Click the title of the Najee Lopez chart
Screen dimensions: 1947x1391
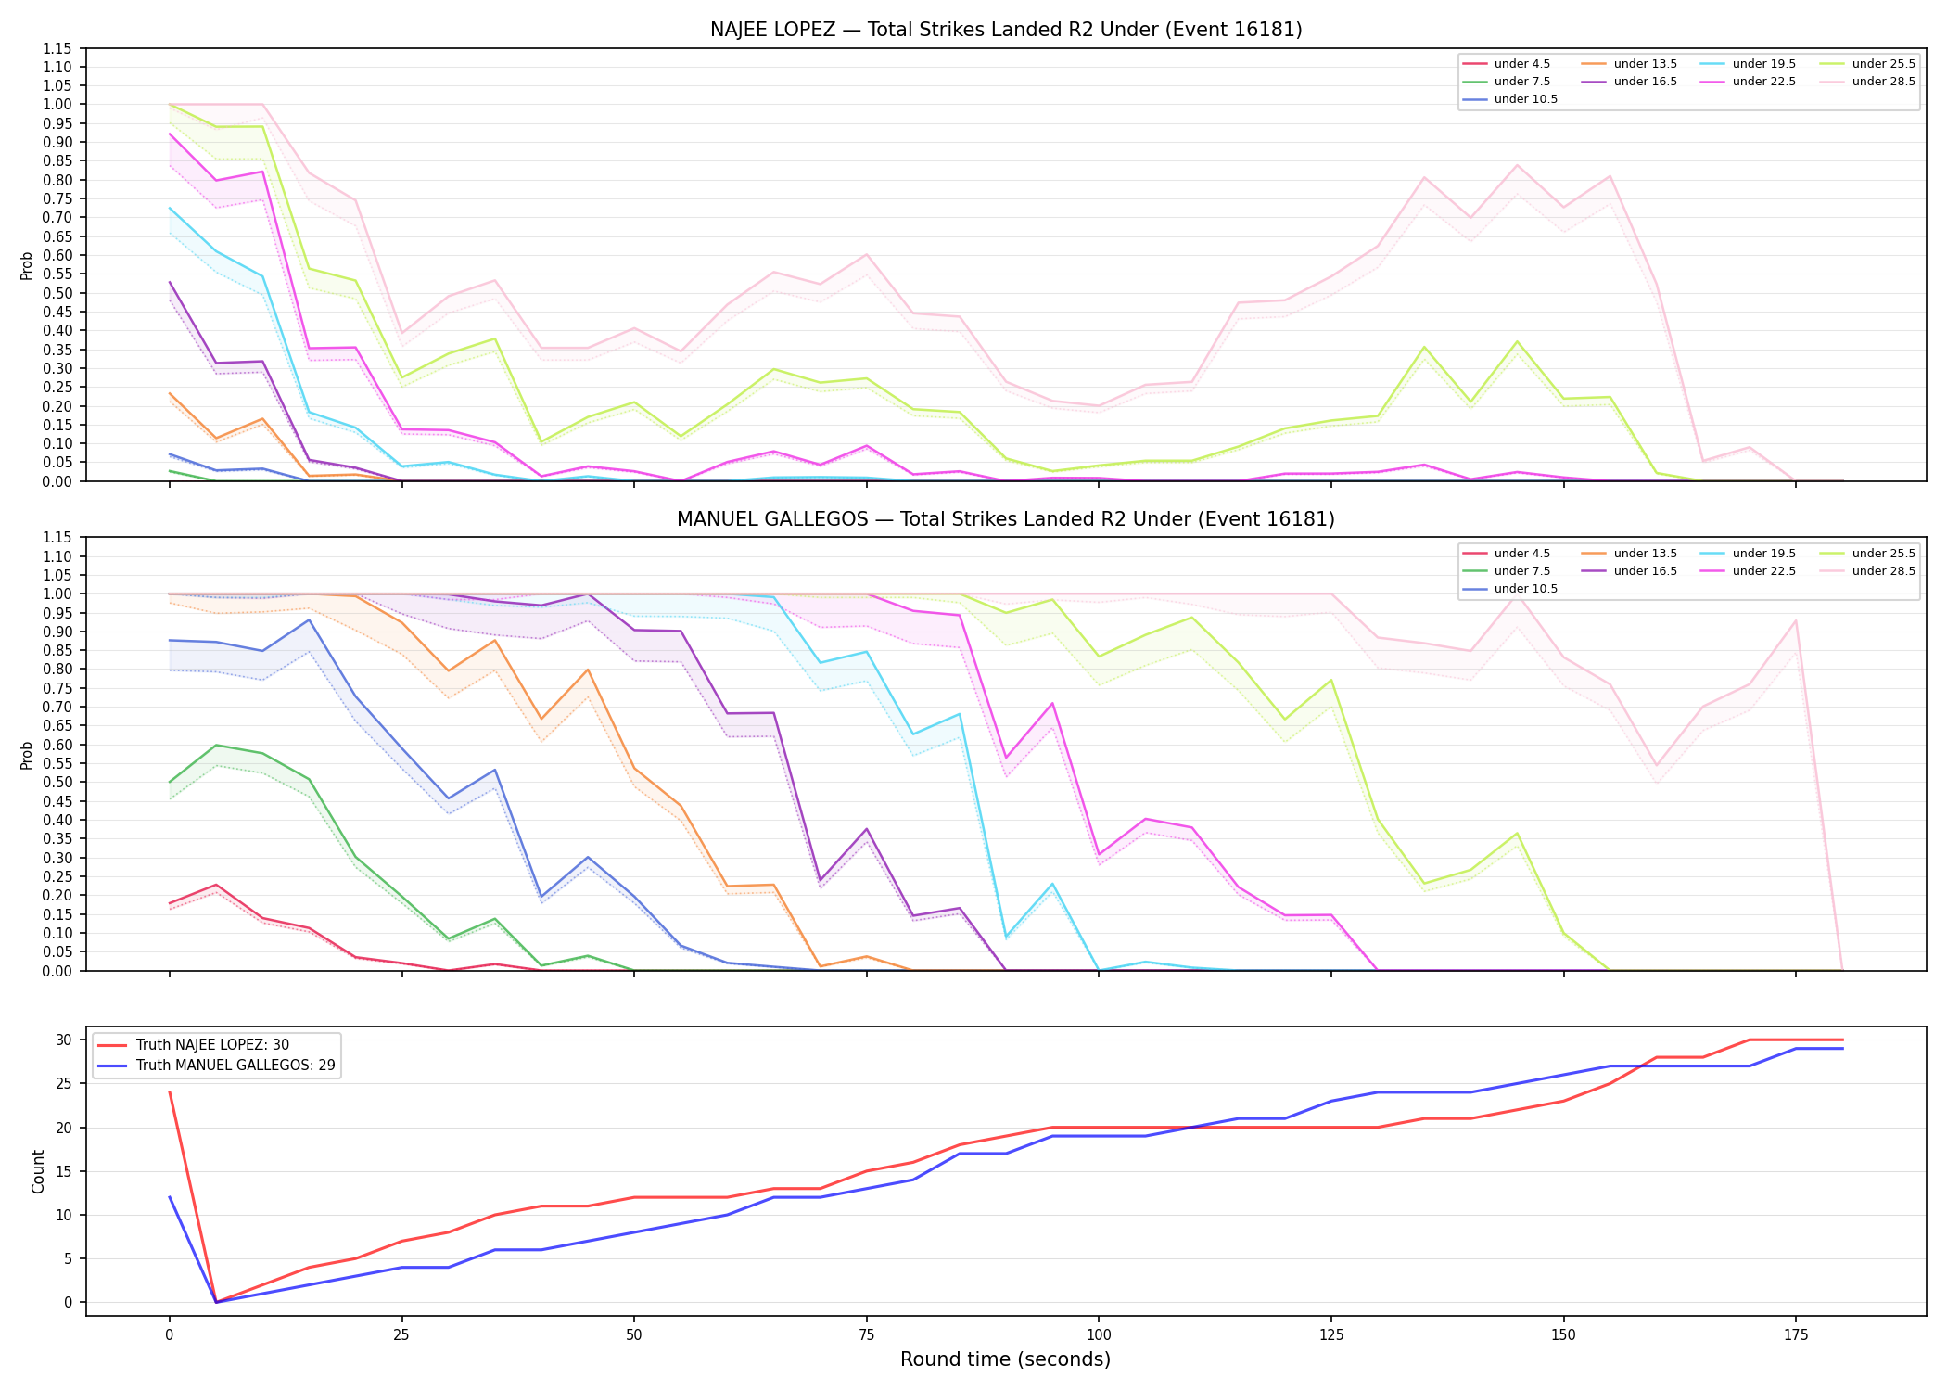[1006, 30]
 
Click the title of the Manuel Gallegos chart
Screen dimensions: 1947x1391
[1006, 519]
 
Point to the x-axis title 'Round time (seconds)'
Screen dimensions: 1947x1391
[1006, 1359]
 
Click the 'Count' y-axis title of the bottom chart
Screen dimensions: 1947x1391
[38, 1171]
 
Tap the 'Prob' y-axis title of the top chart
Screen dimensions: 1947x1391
[27, 265]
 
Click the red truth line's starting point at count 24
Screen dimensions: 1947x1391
[170, 1092]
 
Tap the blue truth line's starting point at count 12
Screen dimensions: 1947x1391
[170, 1197]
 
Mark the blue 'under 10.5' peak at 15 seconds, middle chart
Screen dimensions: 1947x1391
[309, 619]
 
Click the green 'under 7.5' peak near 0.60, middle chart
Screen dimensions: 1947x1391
[216, 745]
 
